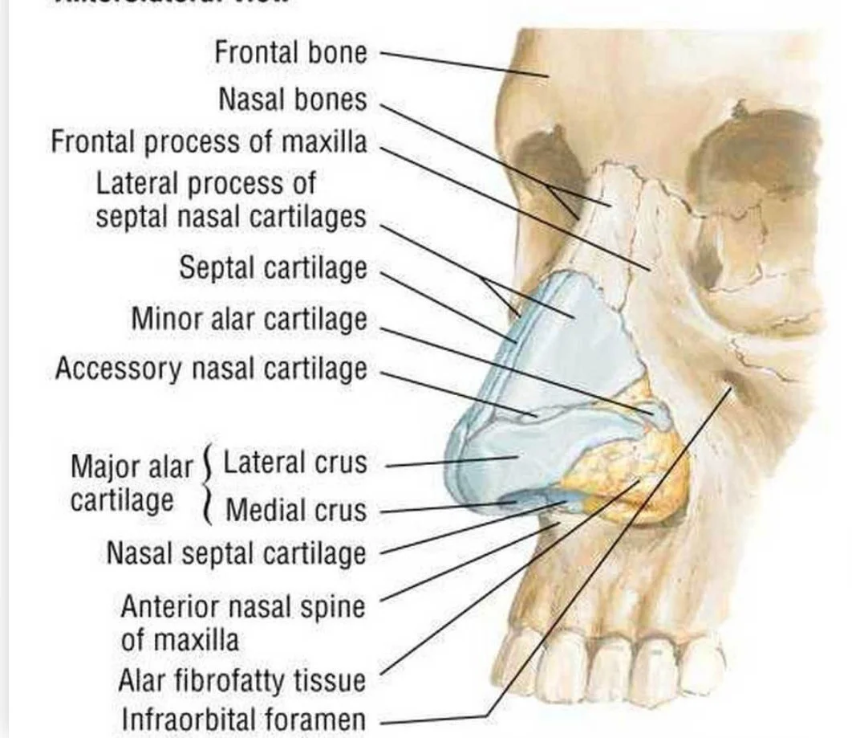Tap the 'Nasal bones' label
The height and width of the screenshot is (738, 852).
coord(292,100)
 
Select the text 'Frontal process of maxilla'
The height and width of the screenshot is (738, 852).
coord(209,142)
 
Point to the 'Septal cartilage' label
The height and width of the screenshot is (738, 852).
coord(272,267)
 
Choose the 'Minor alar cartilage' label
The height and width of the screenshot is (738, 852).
coord(249,319)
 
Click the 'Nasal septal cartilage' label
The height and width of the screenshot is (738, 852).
coord(236,553)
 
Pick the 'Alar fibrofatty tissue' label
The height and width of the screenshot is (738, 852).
coord(241,681)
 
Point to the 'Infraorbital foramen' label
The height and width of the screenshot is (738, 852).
coord(242,719)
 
